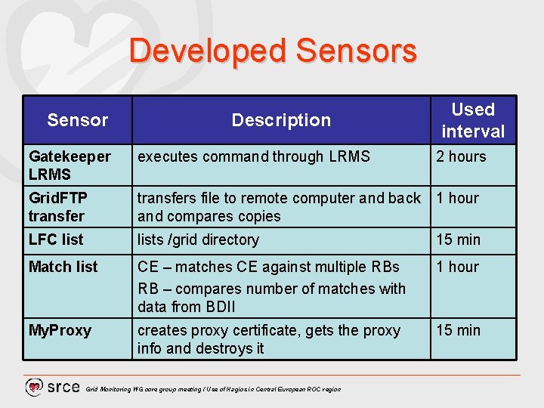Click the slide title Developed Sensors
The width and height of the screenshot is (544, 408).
[x=272, y=51]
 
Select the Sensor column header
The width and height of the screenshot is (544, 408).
[x=77, y=120]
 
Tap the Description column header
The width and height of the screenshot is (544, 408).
[x=281, y=120]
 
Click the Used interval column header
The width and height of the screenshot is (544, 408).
[x=473, y=120]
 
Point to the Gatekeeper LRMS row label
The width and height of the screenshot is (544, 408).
[x=70, y=165]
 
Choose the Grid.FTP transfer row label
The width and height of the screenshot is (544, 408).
[x=58, y=207]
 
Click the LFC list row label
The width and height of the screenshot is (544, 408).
[x=56, y=240]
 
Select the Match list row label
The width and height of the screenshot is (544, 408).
[x=63, y=267]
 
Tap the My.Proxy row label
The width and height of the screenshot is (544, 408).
[x=60, y=330]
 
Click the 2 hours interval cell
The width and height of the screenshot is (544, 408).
[x=461, y=156]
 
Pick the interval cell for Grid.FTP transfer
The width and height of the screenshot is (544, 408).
[x=457, y=198]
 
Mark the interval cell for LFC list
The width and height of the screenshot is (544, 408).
[x=458, y=240]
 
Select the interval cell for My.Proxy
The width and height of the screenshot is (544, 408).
[x=458, y=330]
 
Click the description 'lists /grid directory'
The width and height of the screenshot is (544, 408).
[x=198, y=240]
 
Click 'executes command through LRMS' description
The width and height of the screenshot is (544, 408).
[x=254, y=156]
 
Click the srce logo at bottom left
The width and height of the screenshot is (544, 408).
[x=52, y=387]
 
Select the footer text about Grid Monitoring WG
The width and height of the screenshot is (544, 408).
[x=213, y=389]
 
